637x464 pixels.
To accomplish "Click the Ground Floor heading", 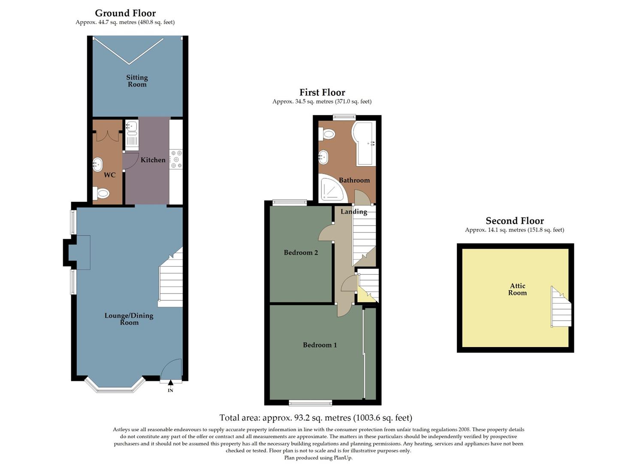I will tap(125, 13).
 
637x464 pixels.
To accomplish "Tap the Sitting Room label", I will tap(137, 81).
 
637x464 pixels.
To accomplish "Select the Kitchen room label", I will tap(153, 160).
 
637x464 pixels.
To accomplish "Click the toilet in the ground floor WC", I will tap(102, 193).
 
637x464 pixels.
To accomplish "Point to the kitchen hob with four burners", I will tap(176, 159).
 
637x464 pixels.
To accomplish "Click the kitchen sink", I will tap(132, 127).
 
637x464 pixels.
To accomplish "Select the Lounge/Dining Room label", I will tap(129, 319).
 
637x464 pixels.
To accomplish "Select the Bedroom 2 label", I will tap(301, 253).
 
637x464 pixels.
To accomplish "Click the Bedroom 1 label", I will tap(320, 345).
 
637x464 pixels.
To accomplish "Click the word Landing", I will tap(353, 211).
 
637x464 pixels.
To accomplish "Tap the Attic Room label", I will tap(517, 289).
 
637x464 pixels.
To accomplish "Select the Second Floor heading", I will tap(514, 221).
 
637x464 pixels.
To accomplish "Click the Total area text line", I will tap(315, 418).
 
